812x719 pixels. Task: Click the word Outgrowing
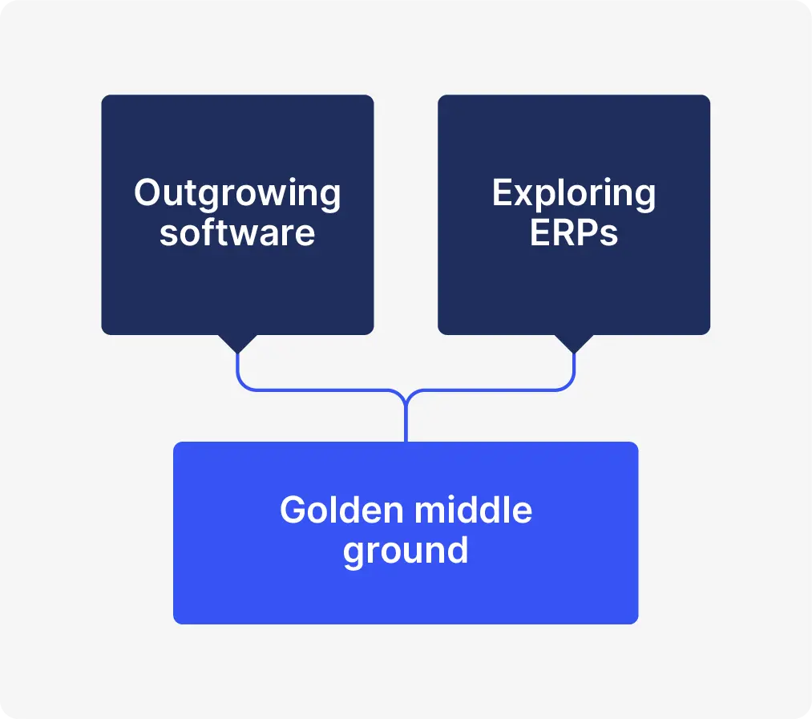coord(237,194)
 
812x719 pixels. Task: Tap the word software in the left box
coord(237,232)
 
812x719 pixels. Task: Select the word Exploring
coord(574,194)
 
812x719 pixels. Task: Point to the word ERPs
coord(574,232)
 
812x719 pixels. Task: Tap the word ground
coord(406,551)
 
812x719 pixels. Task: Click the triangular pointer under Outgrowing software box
coord(237,342)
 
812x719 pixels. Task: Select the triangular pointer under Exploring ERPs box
coord(574,342)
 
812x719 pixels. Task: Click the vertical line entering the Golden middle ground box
coord(406,425)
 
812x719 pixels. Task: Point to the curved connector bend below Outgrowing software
coord(242,386)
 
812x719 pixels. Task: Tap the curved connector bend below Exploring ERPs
coord(569,386)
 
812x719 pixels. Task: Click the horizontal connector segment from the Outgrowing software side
coord(321,390)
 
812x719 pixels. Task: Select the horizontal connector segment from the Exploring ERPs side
coord(491,390)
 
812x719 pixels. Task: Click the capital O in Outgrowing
coord(147,194)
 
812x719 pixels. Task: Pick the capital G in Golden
coord(294,511)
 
